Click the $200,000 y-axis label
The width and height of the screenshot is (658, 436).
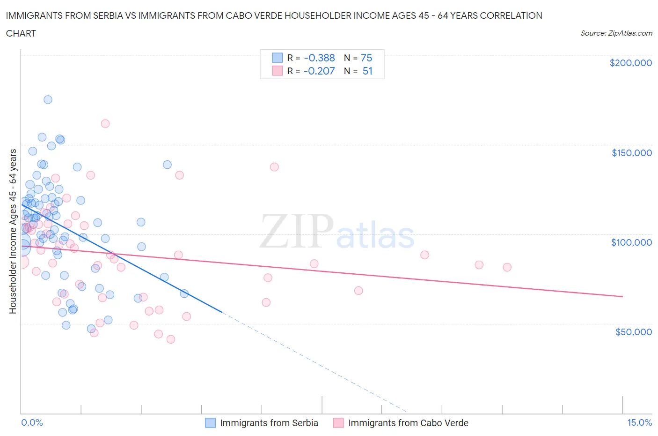(630, 63)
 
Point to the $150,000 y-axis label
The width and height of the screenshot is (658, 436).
(631, 153)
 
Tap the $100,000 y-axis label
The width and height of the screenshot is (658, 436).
(631, 242)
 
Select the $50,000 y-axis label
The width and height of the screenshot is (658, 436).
(633, 332)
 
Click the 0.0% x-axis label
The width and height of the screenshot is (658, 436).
(32, 422)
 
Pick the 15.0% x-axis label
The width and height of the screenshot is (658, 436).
(639, 422)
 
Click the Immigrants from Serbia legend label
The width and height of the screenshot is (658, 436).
(269, 423)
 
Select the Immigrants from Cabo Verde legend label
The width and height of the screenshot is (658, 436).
(408, 423)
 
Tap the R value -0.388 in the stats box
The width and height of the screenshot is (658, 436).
(319, 58)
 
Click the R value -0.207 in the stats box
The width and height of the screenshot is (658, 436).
(319, 71)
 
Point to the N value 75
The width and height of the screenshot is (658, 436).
(366, 58)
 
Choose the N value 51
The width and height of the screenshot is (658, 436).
(367, 71)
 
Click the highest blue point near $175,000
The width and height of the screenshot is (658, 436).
(48, 99)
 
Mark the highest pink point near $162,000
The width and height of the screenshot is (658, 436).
(105, 124)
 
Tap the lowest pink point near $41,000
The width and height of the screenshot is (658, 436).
(171, 339)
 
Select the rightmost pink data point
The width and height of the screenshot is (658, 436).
(507, 267)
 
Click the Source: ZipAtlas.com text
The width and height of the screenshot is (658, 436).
(616, 33)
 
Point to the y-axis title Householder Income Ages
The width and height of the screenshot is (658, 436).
(13, 231)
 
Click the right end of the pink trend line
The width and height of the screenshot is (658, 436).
(622, 296)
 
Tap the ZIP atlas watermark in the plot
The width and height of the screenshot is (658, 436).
(337, 233)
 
